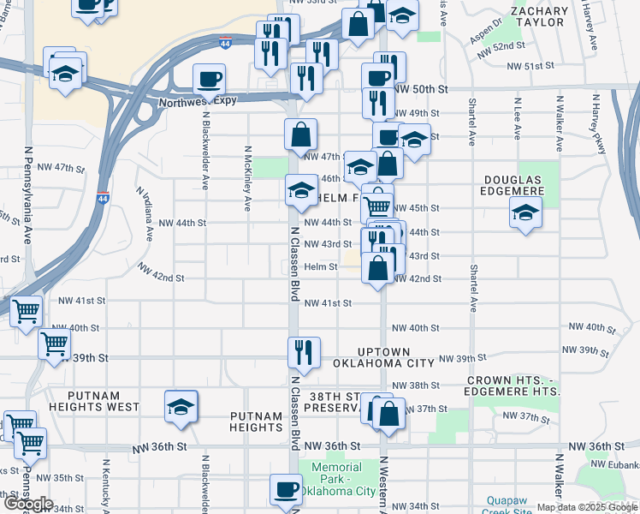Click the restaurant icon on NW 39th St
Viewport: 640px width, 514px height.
(304, 350)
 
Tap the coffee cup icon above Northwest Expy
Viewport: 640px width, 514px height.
(209, 80)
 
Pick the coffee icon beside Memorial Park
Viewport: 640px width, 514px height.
(286, 489)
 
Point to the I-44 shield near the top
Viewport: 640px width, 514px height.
(224, 41)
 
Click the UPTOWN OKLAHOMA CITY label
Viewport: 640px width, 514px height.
(384, 358)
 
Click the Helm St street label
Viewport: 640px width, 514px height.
(322, 266)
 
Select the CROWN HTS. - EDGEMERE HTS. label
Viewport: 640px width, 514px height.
(513, 385)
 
